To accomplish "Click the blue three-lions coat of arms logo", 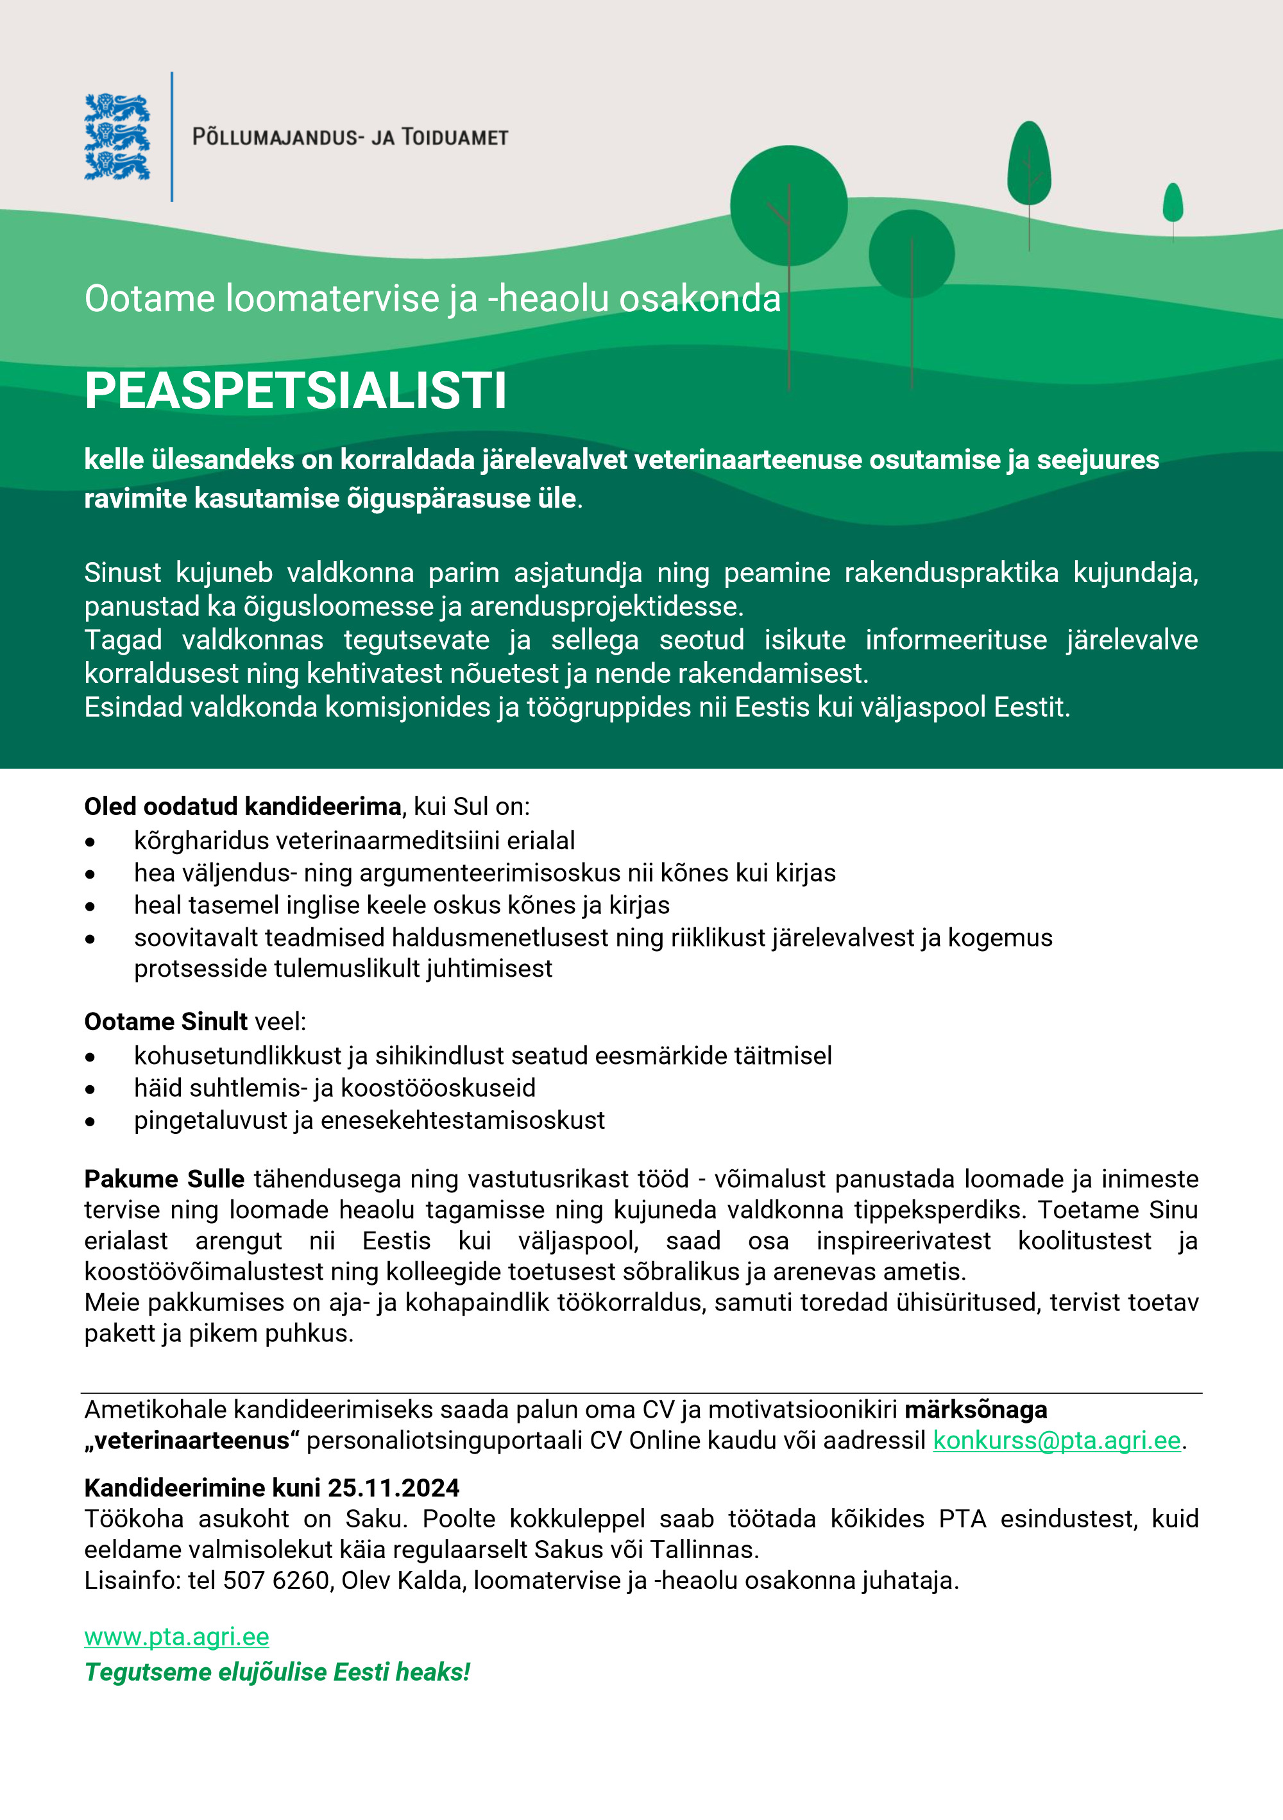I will [x=117, y=137].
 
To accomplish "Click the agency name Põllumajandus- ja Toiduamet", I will [x=350, y=137].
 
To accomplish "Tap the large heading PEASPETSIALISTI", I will [x=295, y=391].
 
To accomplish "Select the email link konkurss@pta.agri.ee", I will [x=1057, y=1440].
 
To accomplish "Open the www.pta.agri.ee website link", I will [x=176, y=1637].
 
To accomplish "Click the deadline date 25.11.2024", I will [x=394, y=1488].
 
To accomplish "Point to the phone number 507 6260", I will [x=276, y=1581].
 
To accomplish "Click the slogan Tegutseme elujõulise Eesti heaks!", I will [x=277, y=1672].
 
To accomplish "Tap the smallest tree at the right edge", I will [x=1173, y=202].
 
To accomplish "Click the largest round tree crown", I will [x=788, y=205].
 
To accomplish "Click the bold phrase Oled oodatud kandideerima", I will [x=242, y=806].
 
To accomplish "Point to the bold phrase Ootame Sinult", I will [x=166, y=1022].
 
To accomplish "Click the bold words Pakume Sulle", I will [x=164, y=1179].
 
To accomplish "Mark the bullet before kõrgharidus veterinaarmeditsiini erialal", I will [x=90, y=842].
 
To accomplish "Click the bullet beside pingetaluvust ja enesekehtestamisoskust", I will [x=90, y=1122].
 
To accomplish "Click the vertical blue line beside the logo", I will [x=172, y=137].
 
